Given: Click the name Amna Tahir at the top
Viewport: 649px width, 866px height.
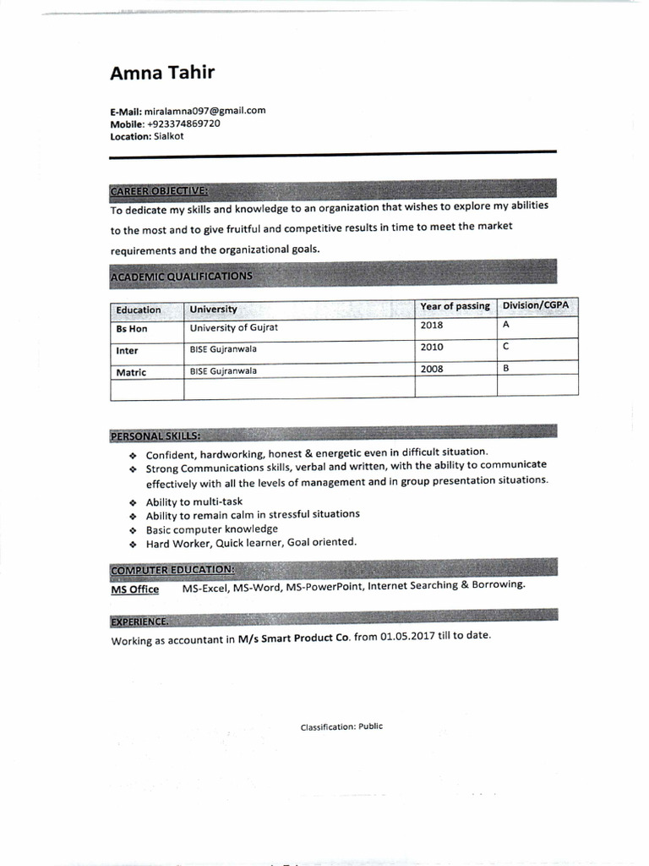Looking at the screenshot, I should [x=162, y=73].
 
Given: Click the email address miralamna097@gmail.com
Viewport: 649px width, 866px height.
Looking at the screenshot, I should [x=205, y=111].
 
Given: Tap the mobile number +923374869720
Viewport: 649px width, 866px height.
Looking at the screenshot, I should [x=184, y=123].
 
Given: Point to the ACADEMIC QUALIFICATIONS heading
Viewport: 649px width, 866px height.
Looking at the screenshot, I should [x=181, y=277].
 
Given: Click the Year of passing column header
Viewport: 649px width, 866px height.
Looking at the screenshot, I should [x=455, y=306].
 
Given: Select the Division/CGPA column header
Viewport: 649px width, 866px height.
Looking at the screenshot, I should [x=537, y=305].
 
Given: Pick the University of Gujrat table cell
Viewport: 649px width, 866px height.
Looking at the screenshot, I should [x=234, y=327].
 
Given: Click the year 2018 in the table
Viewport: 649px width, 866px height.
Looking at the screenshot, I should [x=432, y=326].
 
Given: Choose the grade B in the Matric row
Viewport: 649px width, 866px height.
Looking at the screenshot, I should [x=505, y=369].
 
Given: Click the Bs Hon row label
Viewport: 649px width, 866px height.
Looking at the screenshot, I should [x=132, y=329].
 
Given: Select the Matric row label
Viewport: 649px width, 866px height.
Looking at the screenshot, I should [x=131, y=372].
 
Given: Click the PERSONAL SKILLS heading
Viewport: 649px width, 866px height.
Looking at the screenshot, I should [x=155, y=436].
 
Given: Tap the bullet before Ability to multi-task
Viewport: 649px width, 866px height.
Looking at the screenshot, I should [x=133, y=503].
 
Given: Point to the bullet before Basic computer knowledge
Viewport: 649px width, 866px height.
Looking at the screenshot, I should [x=133, y=531].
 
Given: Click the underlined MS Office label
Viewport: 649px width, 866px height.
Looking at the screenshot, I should [x=135, y=589].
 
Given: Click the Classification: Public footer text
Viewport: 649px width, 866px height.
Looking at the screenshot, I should [x=341, y=726].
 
